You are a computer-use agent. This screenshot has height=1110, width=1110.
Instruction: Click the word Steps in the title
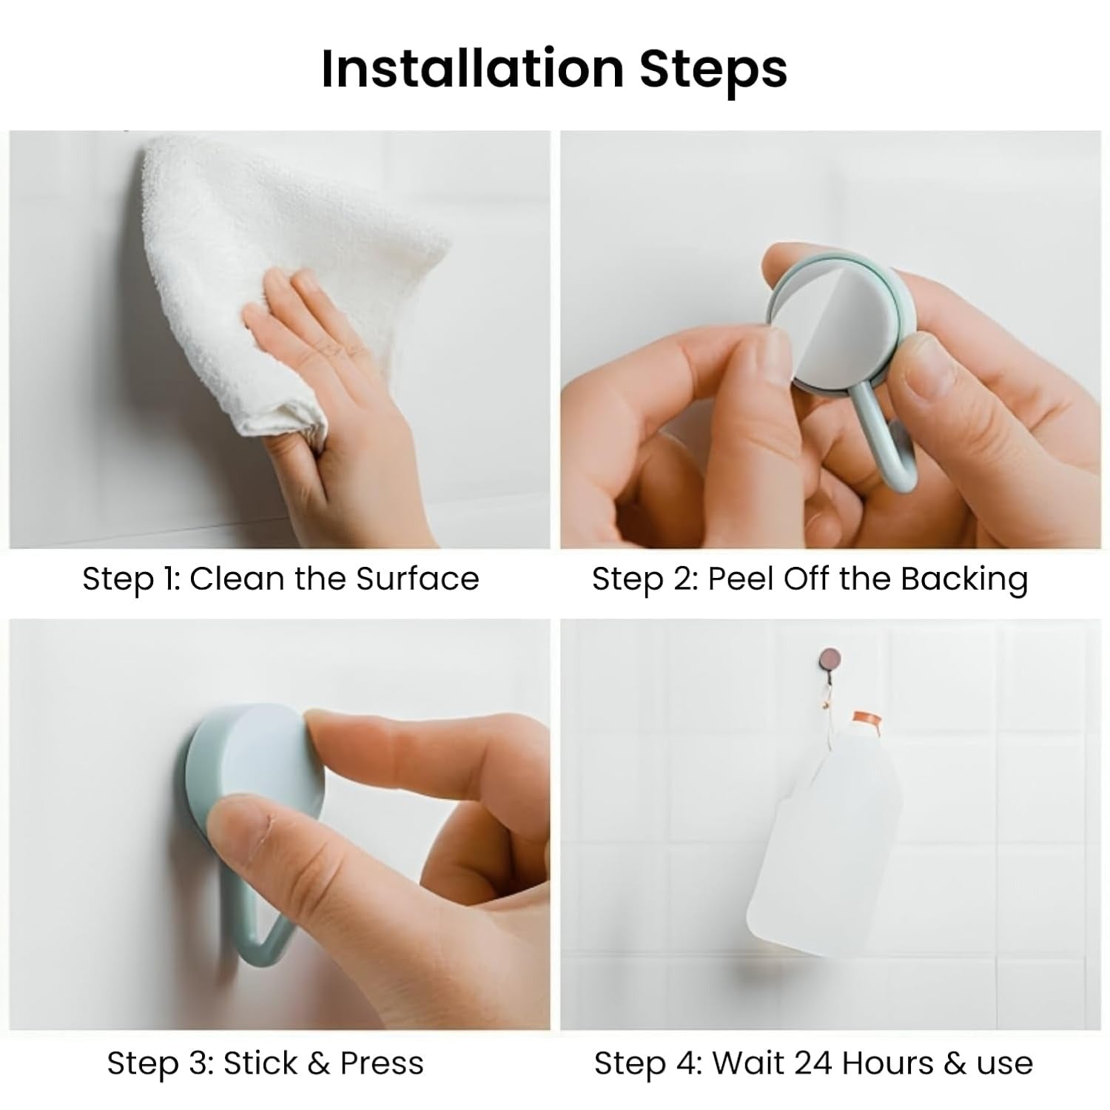pos(713,70)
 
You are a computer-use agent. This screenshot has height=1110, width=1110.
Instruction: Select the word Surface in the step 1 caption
pos(417,579)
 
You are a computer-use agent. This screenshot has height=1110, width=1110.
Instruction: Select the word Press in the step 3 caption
pos(382,1063)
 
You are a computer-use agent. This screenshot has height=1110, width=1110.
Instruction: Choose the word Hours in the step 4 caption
pos(888,1063)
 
